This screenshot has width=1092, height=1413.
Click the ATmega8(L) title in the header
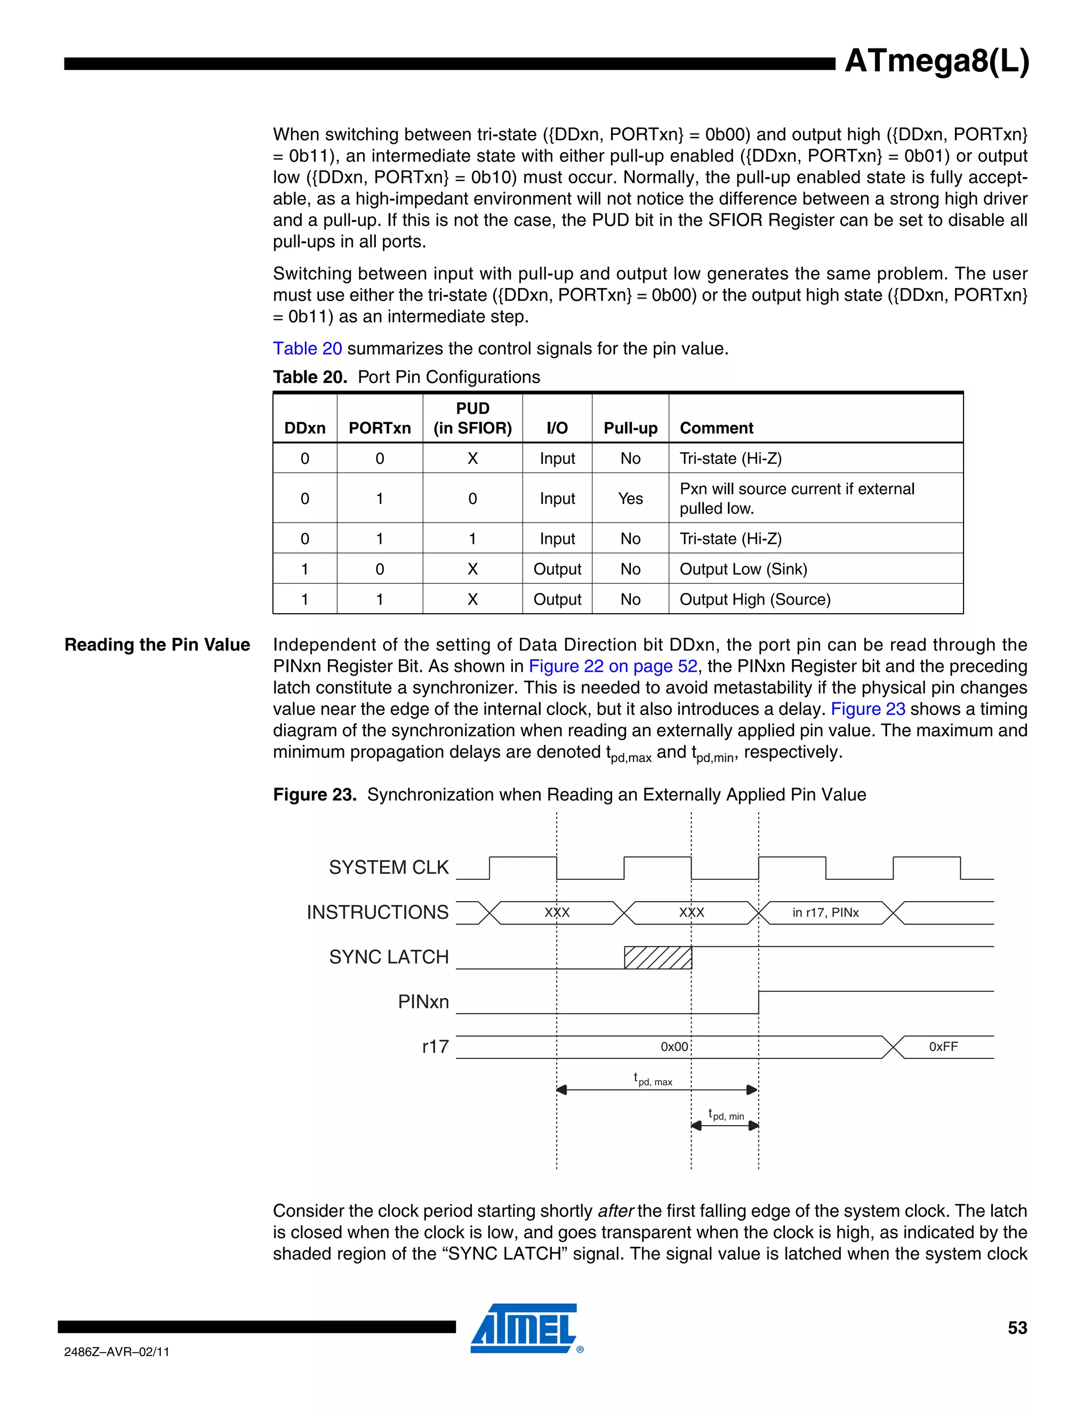(936, 61)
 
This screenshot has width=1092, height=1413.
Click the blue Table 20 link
(307, 348)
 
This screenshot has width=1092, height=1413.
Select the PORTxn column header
(380, 428)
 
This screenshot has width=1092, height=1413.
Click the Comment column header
(716, 428)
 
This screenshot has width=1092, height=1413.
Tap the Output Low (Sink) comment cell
(743, 569)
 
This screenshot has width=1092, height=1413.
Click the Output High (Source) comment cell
(754, 599)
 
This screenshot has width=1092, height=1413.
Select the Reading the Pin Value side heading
(157, 645)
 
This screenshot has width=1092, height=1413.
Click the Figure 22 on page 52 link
(613, 666)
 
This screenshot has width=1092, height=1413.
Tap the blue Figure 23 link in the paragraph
(868, 709)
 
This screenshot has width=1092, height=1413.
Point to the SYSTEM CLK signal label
(388, 867)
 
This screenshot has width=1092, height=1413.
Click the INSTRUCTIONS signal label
(377, 912)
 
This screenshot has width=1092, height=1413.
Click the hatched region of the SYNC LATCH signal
(657, 957)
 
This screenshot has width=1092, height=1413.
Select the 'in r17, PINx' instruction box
(825, 912)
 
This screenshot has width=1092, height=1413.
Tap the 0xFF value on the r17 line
(943, 1046)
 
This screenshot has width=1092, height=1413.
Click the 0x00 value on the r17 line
(673, 1046)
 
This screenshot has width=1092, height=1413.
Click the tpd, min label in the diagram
(726, 1114)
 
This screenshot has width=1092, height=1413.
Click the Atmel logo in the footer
(525, 1328)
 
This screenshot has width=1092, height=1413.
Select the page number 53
(1017, 1328)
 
